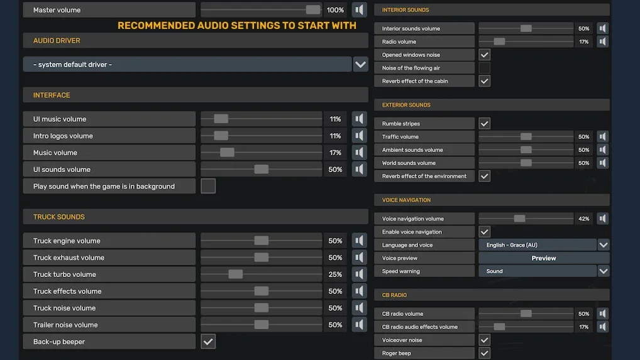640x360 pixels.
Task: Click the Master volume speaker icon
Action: pos(360,10)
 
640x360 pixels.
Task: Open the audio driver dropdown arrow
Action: pos(360,64)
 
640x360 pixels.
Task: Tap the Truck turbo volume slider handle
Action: pos(236,275)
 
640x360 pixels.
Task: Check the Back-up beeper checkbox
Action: pos(208,342)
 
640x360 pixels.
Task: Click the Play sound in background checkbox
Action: pos(208,186)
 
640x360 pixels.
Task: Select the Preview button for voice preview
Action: pos(544,258)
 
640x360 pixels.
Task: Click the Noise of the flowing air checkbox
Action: pos(484,68)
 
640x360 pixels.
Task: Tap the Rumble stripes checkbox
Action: pos(484,124)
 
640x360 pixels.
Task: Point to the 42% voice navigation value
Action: pos(583,219)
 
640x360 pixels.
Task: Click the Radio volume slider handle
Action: pos(499,41)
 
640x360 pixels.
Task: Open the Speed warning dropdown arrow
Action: pos(604,271)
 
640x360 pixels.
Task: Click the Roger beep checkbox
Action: pos(484,353)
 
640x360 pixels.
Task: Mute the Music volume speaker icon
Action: pos(360,153)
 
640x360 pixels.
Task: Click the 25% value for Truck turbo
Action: pos(335,275)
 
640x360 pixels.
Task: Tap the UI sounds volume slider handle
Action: pos(262,170)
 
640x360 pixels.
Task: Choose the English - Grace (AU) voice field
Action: pos(538,245)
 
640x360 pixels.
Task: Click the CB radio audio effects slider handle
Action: pos(499,327)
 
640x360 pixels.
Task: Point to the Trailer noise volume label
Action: pos(65,325)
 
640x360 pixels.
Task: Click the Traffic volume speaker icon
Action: pos(603,137)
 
